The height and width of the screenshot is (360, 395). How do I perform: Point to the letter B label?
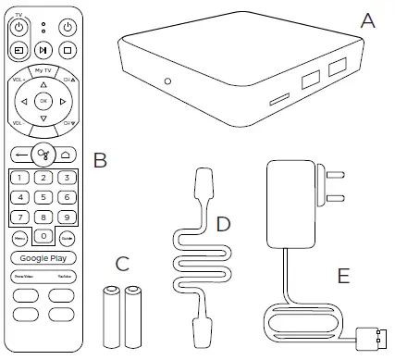click(101, 161)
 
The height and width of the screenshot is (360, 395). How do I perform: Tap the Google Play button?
click(43, 258)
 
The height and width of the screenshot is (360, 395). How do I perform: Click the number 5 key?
click(43, 196)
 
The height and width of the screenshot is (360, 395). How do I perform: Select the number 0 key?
click(43, 237)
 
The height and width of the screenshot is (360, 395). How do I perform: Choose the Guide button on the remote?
click(67, 239)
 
